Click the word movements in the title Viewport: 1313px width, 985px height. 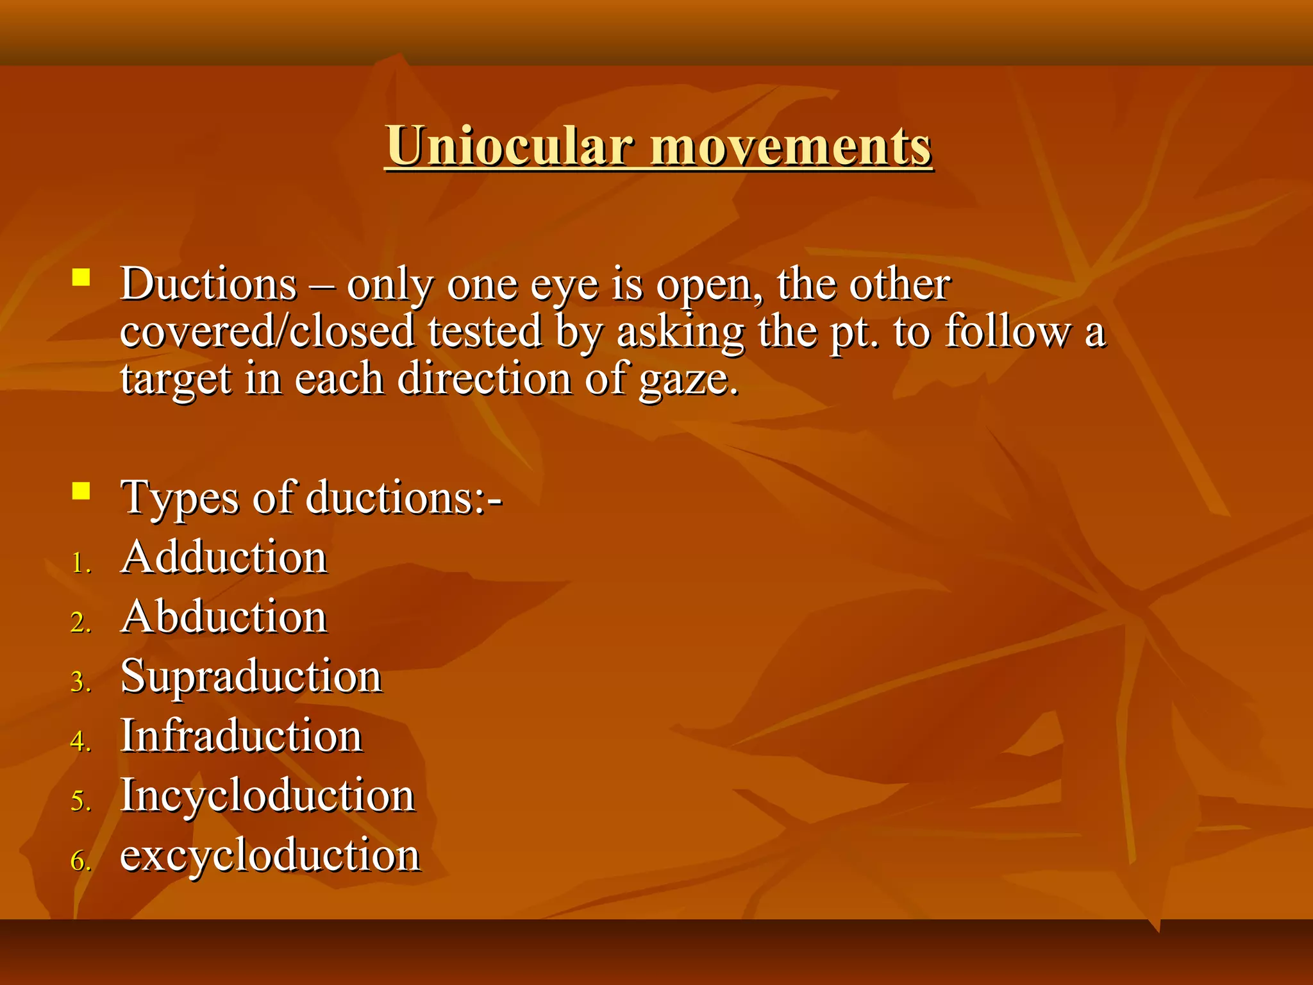click(x=790, y=146)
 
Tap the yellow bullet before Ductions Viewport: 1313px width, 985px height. click(x=81, y=278)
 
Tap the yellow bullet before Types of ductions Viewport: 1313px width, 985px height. click(x=81, y=491)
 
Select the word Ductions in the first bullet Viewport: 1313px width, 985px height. click(x=209, y=283)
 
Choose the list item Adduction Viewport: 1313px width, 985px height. click(x=224, y=557)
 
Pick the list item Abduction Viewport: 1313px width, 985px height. click(x=224, y=616)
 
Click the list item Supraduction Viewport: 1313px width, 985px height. click(x=251, y=677)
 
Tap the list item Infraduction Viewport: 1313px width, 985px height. click(x=242, y=736)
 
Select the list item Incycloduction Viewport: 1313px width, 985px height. click(x=268, y=796)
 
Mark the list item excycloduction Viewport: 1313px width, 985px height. click(x=270, y=855)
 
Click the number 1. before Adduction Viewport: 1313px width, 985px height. click(x=81, y=564)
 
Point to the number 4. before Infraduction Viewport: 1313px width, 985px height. click(x=81, y=742)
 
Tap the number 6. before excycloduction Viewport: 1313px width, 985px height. click(x=81, y=861)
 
